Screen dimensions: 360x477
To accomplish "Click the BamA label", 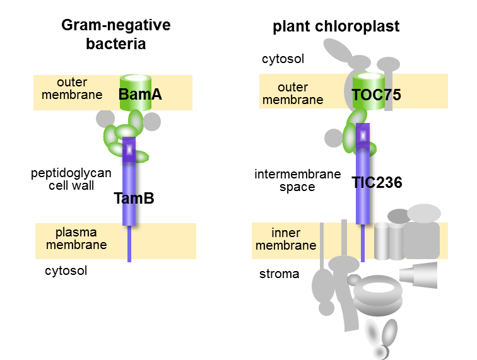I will pyautogui.click(x=140, y=95).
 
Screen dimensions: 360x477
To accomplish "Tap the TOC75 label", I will pyautogui.click(x=376, y=95).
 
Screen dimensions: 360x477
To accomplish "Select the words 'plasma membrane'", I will pyautogui.click(x=76, y=239).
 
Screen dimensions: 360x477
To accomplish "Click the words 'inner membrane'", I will pyautogui.click(x=286, y=240).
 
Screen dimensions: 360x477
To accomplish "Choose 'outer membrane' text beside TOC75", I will pyautogui.click(x=293, y=93).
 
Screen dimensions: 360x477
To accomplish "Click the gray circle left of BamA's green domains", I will pyautogui.click(x=105, y=119).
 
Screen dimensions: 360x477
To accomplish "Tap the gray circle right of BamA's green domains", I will pyautogui.click(x=152, y=121).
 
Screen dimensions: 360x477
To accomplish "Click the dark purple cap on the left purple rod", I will pyautogui.click(x=129, y=150).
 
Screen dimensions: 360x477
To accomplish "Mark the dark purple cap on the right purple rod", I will pyautogui.click(x=363, y=136).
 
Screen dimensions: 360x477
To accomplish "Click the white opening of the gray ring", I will pyautogui.click(x=378, y=288).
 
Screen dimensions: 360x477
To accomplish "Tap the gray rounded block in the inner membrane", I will pyautogui.click(x=421, y=240).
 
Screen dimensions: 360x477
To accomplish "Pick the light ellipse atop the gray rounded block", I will pyautogui.click(x=423, y=213).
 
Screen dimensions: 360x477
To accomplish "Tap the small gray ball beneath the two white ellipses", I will pyautogui.click(x=380, y=351).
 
